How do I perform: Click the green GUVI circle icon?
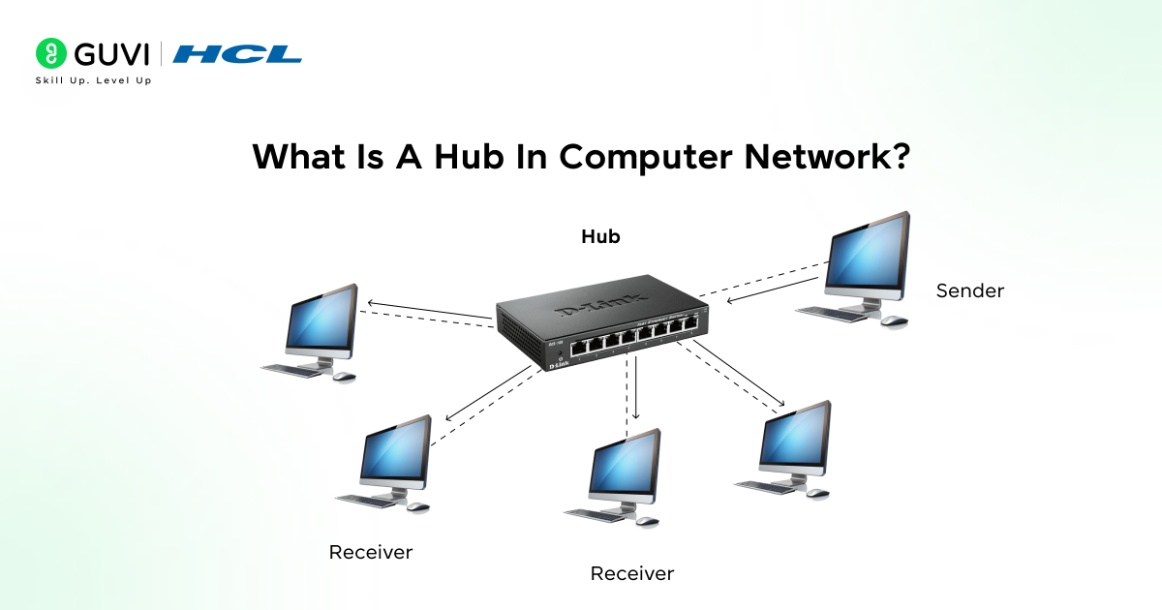point(50,52)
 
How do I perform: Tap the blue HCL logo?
point(237,53)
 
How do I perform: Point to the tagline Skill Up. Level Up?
point(93,80)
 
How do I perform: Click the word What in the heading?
point(296,157)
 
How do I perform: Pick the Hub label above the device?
point(600,236)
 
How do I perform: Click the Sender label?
point(969,290)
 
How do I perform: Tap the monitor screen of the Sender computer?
point(868,255)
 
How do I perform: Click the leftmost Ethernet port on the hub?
point(577,346)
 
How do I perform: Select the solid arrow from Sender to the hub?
point(775,288)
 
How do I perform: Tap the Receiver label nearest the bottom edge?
point(631,573)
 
